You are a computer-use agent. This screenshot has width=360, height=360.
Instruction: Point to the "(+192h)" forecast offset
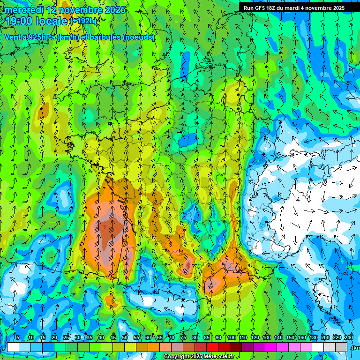click(83, 21)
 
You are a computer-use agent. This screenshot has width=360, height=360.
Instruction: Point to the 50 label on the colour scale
click(125, 338)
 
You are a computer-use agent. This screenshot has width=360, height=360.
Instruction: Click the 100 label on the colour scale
click(231, 338)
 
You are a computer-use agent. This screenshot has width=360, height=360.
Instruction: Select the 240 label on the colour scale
click(349, 338)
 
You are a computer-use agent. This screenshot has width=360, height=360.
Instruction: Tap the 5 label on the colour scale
click(18, 338)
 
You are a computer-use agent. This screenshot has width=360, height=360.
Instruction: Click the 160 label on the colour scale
click(302, 338)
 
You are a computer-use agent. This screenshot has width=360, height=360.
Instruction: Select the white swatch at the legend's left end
click(13, 347)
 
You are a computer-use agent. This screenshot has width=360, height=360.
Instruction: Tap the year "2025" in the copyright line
click(196, 357)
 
